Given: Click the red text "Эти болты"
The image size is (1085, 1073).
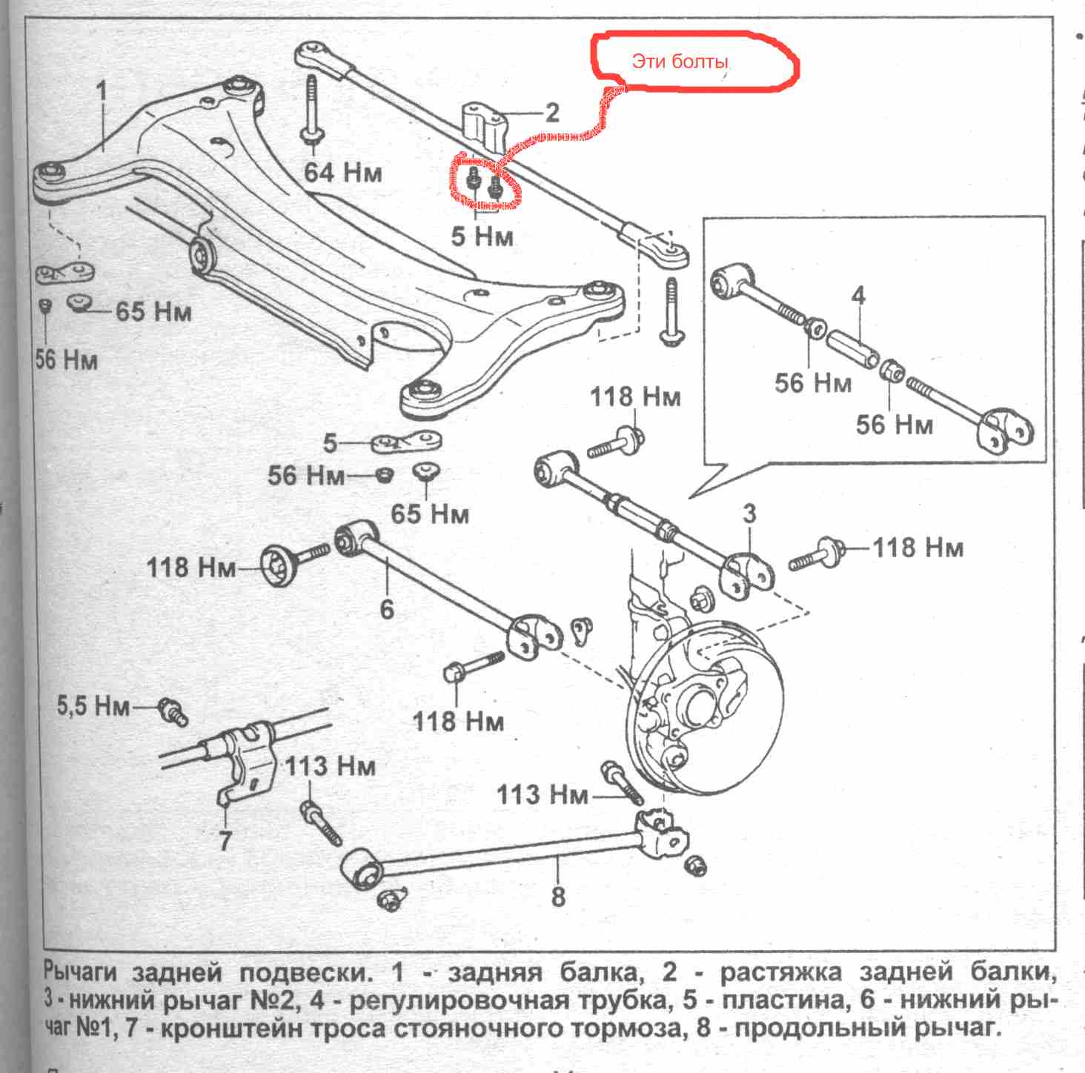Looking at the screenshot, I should (679, 62).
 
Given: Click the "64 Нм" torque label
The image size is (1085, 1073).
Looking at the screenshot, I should (343, 172).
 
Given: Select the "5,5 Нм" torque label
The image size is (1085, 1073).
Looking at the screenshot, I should (93, 705).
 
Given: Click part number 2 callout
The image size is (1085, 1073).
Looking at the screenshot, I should (551, 113).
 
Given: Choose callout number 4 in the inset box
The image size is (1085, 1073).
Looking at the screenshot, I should (857, 296).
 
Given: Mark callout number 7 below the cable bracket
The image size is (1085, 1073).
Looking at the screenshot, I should (226, 841).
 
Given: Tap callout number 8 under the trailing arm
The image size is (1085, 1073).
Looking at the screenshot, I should (558, 897).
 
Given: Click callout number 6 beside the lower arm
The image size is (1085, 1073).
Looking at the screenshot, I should (386, 608).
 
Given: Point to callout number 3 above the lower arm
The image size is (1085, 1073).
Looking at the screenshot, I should (749, 513).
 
